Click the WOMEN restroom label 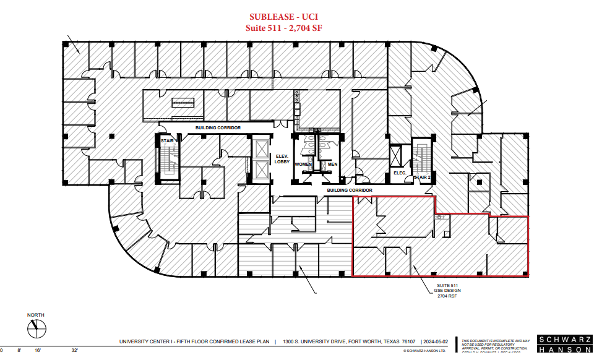[303, 165]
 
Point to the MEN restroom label [332, 165]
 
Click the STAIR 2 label [422, 177]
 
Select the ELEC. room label [400, 173]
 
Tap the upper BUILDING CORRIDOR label [218, 127]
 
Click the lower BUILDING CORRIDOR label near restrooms [349, 191]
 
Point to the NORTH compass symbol [36, 329]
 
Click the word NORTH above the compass [36, 315]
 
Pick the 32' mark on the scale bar [74, 350]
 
